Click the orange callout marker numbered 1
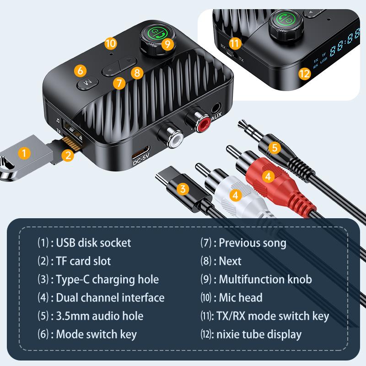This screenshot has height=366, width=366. (x=24, y=153)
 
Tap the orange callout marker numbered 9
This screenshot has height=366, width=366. (x=168, y=44)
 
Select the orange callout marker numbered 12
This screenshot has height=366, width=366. (x=305, y=73)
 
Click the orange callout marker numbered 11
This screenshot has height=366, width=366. (x=235, y=44)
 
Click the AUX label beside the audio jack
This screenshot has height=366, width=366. (x=217, y=119)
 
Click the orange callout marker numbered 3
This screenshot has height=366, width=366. (x=183, y=188)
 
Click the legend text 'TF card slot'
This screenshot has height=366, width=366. (x=83, y=261)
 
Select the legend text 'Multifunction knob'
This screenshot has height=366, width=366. (x=265, y=279)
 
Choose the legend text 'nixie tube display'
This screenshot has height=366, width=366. (x=260, y=334)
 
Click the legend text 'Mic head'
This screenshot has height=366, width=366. (x=241, y=298)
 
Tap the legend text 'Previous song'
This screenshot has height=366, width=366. (x=252, y=242)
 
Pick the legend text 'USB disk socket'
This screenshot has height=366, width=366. (x=93, y=242)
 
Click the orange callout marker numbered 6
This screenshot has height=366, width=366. (x=80, y=71)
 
